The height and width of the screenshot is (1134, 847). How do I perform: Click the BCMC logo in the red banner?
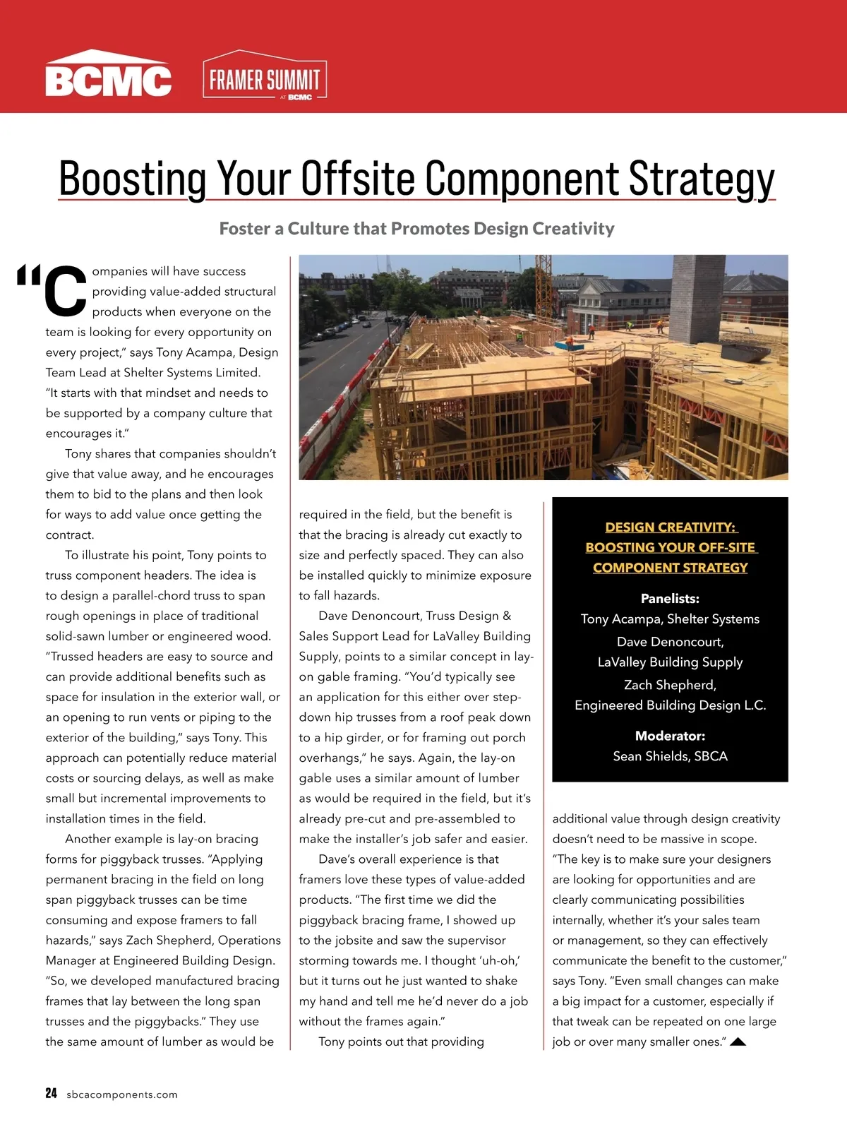pos(108,76)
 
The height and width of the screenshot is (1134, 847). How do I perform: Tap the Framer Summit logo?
pos(265,78)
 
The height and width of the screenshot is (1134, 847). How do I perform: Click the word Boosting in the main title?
pos(132,179)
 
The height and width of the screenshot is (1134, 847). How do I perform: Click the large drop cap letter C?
pos(66,290)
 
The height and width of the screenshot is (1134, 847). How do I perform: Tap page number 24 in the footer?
pos(51,1093)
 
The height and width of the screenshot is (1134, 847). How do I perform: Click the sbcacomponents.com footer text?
pos(122,1094)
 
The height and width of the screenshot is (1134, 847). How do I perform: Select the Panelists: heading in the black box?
pos(670,599)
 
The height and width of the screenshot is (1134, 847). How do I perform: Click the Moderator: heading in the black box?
pos(670,736)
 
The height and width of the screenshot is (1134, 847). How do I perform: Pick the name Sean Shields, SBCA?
pos(670,756)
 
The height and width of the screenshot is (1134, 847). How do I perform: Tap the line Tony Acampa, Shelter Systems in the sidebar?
pos(670,619)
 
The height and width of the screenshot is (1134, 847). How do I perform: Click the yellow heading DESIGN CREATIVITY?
pos(670,527)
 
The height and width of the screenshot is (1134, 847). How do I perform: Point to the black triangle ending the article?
pos(738,1042)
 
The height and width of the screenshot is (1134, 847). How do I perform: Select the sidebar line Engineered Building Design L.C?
pos(670,705)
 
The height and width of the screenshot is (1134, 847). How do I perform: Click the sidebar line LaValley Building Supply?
pos(670,662)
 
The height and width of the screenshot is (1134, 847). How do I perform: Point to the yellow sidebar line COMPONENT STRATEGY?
pos(670,568)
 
